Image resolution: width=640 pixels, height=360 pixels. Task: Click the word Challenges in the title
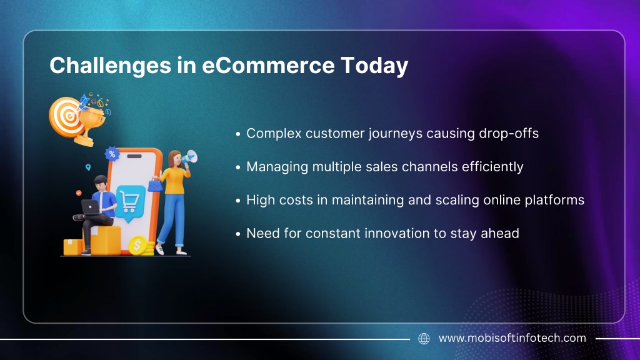[110, 66]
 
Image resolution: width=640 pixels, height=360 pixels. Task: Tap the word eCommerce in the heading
[268, 65]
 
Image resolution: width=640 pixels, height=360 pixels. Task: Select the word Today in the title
[374, 66]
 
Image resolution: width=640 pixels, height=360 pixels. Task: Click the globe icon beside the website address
[424, 338]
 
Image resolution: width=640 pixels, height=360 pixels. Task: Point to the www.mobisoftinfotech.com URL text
[512, 338]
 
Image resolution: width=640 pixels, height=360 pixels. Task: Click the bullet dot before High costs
[238, 201]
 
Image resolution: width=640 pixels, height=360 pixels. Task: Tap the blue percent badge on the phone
[112, 154]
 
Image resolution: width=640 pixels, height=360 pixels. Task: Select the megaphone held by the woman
[189, 157]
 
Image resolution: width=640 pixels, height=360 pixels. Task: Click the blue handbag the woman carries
[155, 186]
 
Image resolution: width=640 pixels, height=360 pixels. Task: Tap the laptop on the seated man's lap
[91, 207]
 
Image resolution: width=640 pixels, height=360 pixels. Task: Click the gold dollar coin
[137, 246]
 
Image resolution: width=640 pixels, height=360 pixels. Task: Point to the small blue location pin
[87, 167]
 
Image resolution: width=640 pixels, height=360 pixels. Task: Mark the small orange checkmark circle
[79, 192]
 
